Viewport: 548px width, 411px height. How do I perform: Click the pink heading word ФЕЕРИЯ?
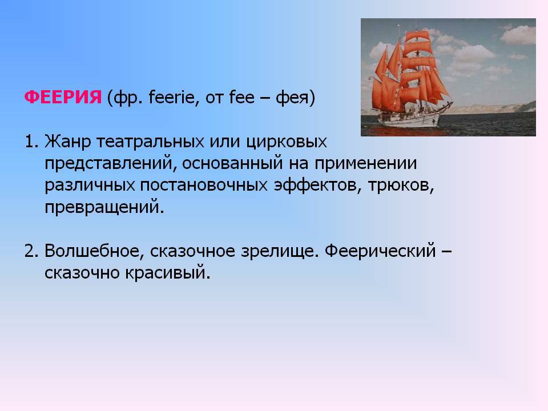point(63,97)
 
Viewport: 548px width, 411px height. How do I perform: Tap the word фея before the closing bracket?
point(292,98)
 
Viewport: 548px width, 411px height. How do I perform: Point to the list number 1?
point(31,142)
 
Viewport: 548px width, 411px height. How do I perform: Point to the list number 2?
point(31,251)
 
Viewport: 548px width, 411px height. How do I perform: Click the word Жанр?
point(67,142)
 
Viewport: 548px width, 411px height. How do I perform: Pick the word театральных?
point(150,142)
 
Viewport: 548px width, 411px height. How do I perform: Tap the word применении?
point(365,164)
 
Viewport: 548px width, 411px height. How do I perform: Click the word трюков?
point(401,186)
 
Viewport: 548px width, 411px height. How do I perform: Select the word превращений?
point(104,207)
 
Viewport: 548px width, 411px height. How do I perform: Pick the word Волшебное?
point(94,251)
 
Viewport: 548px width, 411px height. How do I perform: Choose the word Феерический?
point(380,251)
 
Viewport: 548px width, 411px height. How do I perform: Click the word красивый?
point(168,273)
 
